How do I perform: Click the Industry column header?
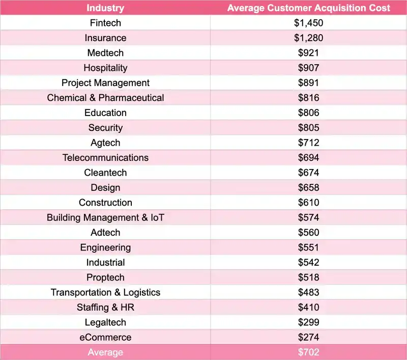[x=105, y=8]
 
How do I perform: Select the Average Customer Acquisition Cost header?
[x=309, y=8]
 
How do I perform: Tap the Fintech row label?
[x=105, y=23]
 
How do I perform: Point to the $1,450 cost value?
[x=309, y=23]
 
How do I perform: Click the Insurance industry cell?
[x=105, y=38]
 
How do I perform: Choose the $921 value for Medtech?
[x=309, y=53]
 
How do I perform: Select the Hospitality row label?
[x=105, y=68]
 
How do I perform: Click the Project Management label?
[x=105, y=82]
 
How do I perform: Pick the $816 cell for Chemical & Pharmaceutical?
[x=309, y=98]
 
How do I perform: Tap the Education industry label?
[x=105, y=113]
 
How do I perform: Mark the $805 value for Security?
[x=309, y=128]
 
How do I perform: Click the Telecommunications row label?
[x=105, y=158]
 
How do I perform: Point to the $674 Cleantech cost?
[x=309, y=173]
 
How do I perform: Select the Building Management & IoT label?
[x=105, y=217]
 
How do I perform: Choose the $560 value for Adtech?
[x=309, y=233]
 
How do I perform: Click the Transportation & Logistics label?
[x=105, y=292]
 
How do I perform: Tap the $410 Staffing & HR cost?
[x=309, y=308]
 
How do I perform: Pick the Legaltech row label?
[x=105, y=322]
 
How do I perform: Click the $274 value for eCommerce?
[x=309, y=337]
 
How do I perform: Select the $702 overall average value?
[x=309, y=352]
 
